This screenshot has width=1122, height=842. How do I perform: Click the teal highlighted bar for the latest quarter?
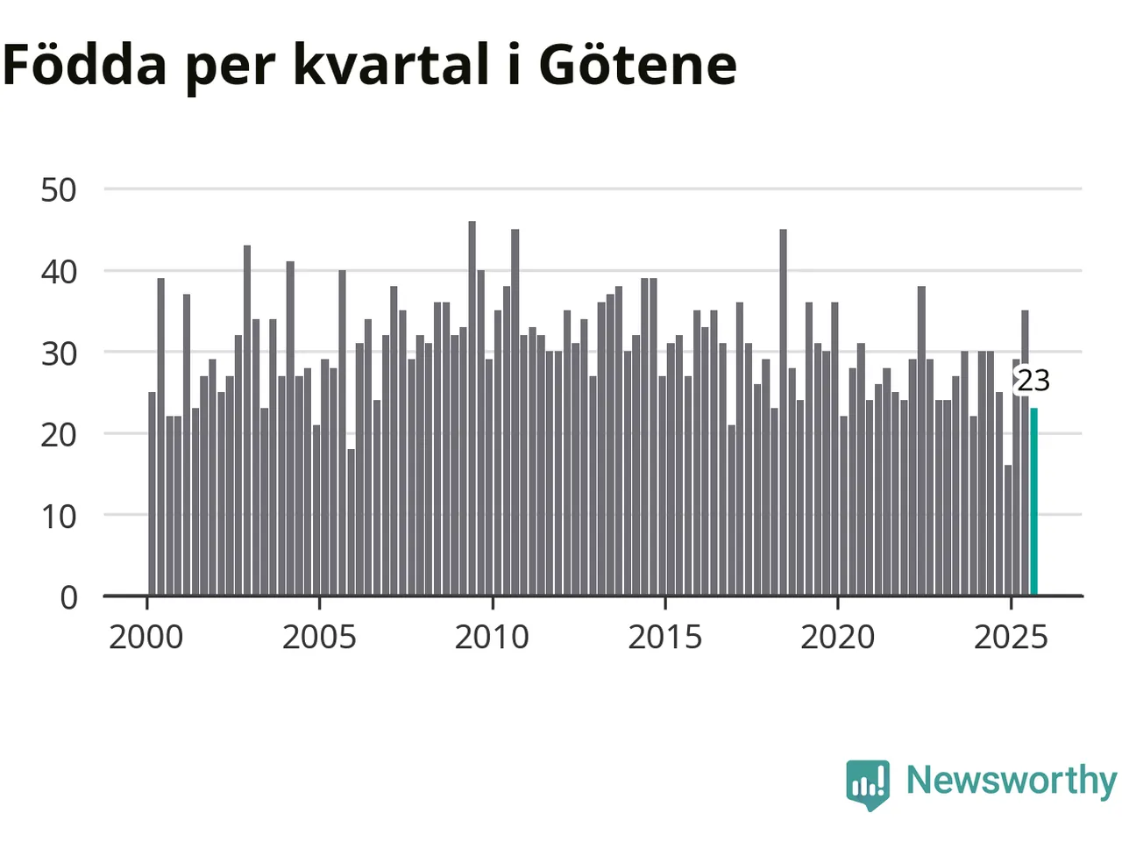tap(1034, 502)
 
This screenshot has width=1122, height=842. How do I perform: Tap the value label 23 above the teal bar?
tap(1033, 381)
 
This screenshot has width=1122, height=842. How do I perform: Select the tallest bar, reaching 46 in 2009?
tap(472, 409)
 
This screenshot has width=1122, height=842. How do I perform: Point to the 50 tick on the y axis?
tap(59, 189)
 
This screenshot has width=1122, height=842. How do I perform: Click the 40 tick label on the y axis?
tap(59, 271)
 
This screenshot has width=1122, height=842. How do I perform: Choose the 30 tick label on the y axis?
tap(59, 353)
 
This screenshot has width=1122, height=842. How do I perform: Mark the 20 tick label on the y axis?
tap(59, 434)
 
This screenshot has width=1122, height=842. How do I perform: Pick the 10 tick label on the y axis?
tap(59, 516)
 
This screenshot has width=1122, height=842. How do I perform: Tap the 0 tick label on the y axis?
tap(68, 597)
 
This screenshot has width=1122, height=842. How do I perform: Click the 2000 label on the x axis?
tap(146, 637)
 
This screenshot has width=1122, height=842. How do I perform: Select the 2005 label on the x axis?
tap(319, 637)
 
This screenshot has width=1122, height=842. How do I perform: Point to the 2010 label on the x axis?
tap(492, 637)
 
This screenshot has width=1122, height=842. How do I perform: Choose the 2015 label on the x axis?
tap(665, 637)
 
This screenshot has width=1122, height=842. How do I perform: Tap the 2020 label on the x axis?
tap(838, 637)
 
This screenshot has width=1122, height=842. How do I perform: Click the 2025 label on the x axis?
tap(1011, 637)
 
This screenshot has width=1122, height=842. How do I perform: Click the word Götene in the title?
tap(637, 64)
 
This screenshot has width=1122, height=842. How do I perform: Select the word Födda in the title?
tap(85, 64)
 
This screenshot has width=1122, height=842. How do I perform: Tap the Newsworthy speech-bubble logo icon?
tap(868, 783)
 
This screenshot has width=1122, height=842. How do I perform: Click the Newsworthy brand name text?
tap(1012, 780)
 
